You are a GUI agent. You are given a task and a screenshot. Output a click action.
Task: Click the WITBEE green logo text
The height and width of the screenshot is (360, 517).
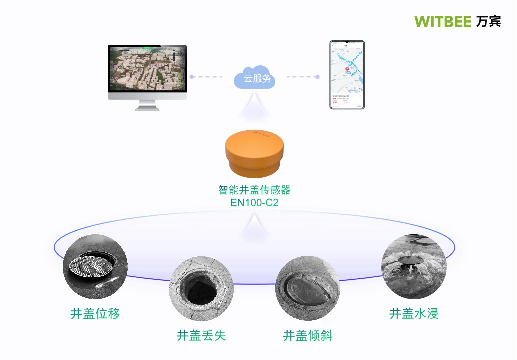pos(442,21)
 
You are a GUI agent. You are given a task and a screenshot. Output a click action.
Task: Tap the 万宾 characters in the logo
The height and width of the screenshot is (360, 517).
pos(488,21)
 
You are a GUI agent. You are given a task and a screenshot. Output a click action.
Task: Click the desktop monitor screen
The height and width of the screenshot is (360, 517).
pos(147,71)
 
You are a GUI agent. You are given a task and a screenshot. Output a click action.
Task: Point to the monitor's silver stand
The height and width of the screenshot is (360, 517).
pos(147,104)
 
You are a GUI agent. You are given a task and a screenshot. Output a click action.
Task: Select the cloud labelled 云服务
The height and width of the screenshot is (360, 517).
pos(255,78)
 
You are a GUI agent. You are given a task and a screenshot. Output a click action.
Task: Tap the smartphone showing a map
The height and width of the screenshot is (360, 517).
pos(347,75)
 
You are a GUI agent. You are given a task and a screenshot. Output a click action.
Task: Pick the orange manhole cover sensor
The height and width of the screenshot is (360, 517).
pos(255,153)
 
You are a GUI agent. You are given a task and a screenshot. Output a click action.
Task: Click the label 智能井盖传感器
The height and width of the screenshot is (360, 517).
pos(255,190)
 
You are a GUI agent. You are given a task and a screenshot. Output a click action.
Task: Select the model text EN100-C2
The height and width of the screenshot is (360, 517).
pos(255,203)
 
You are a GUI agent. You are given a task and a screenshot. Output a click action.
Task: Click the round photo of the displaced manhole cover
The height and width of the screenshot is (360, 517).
pos(95,267)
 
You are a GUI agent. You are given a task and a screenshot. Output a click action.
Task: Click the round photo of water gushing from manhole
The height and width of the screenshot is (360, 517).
pos(414,267)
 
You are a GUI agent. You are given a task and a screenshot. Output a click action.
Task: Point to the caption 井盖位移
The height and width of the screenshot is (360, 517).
pos(95,314)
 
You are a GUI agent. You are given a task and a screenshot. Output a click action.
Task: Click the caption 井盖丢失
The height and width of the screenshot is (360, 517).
pos(201,335)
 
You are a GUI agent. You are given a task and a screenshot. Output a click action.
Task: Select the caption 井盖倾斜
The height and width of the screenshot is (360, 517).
pos(308,335)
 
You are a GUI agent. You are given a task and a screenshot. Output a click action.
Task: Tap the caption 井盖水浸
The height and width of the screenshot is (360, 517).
pos(414,314)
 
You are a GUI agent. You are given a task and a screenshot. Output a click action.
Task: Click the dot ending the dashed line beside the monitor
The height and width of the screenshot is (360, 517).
pos(191,77)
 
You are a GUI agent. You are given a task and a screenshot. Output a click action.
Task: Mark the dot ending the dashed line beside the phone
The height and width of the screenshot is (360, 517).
pos(317,77)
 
